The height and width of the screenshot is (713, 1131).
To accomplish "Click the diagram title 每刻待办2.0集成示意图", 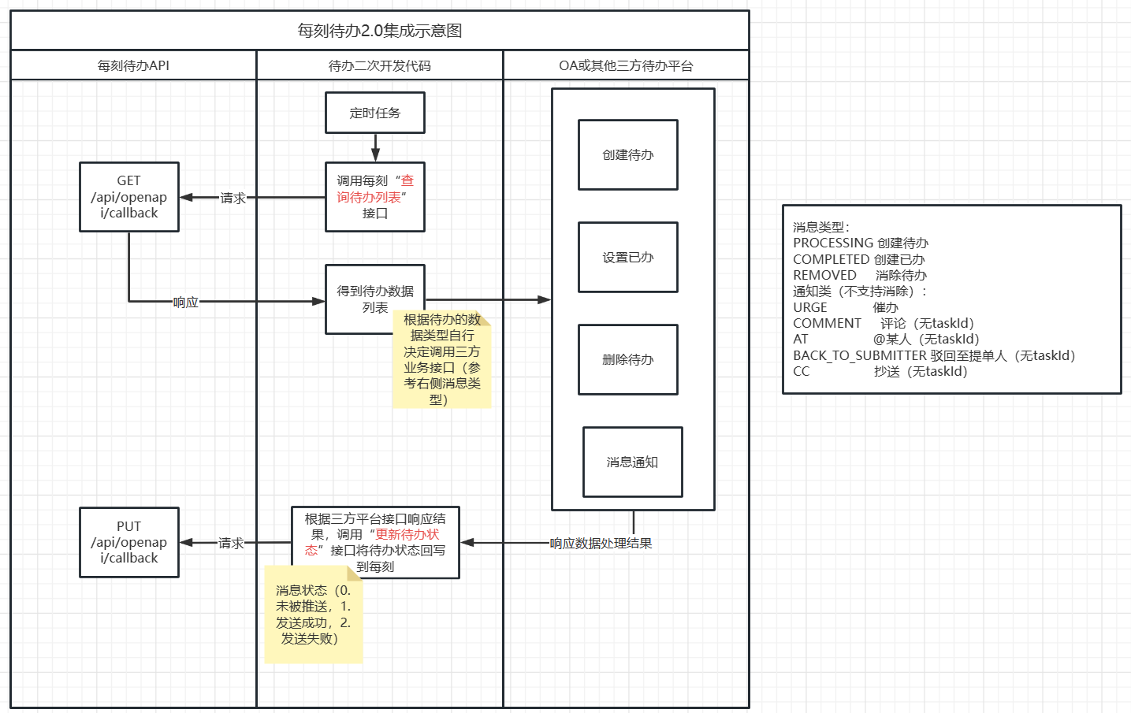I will [379, 31].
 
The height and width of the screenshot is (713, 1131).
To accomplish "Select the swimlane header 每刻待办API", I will [133, 65].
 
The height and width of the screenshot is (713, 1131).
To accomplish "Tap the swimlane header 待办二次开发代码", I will [379, 65].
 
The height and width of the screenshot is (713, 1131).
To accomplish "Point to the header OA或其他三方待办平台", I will [626, 65].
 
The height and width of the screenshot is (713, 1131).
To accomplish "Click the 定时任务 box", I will [375, 113].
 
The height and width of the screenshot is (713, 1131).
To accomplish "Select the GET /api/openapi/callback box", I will [129, 197].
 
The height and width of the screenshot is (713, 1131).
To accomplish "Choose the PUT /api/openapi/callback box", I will [129, 542].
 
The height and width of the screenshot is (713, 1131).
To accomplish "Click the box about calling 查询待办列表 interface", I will [375, 197].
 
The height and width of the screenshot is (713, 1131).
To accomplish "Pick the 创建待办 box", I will [628, 155].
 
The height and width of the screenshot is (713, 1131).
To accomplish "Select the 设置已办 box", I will [628, 258].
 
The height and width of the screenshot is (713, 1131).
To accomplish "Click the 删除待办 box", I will [628, 360].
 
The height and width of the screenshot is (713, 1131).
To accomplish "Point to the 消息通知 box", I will [632, 462].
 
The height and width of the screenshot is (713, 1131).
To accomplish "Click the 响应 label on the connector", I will [186, 302].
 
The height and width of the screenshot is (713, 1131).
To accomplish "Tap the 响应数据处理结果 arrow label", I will [601, 544].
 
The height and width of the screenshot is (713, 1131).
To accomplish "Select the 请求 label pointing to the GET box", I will [233, 198].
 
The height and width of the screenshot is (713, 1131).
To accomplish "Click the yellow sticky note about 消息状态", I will [313, 615].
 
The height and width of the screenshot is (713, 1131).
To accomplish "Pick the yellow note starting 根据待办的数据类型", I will [442, 360].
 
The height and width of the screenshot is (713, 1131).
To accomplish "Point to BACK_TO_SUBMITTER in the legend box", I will [859, 356].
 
